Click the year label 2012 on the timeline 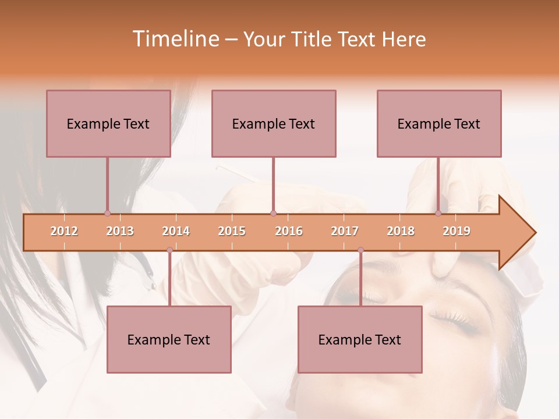(x=64, y=231)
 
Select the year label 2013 (x=120, y=231)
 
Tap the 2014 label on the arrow (x=176, y=231)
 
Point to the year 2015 (x=232, y=231)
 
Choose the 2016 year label (x=289, y=231)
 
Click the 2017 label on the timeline (x=345, y=231)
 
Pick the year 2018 (x=401, y=231)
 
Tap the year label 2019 (x=457, y=231)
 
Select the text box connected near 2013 (x=108, y=123)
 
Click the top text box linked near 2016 (x=274, y=123)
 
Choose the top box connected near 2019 (x=439, y=123)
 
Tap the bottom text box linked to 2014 (x=169, y=339)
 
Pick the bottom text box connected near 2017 (x=360, y=339)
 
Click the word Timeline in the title (x=175, y=39)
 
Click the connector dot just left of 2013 (x=107, y=213)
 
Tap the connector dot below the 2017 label (x=360, y=250)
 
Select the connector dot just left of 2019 (x=438, y=213)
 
